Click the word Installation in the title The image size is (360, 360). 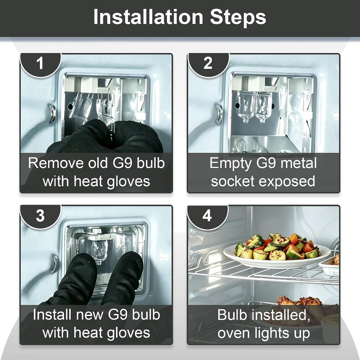click(148, 17)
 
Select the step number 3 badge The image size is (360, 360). click(40, 216)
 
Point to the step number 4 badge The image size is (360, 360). click(207, 216)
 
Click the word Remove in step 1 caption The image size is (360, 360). click(56, 163)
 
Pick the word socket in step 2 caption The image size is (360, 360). click(233, 181)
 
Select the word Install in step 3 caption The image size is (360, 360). click(52, 315)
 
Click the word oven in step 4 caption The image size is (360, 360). click(233, 334)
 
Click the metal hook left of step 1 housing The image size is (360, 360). click(52, 115)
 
